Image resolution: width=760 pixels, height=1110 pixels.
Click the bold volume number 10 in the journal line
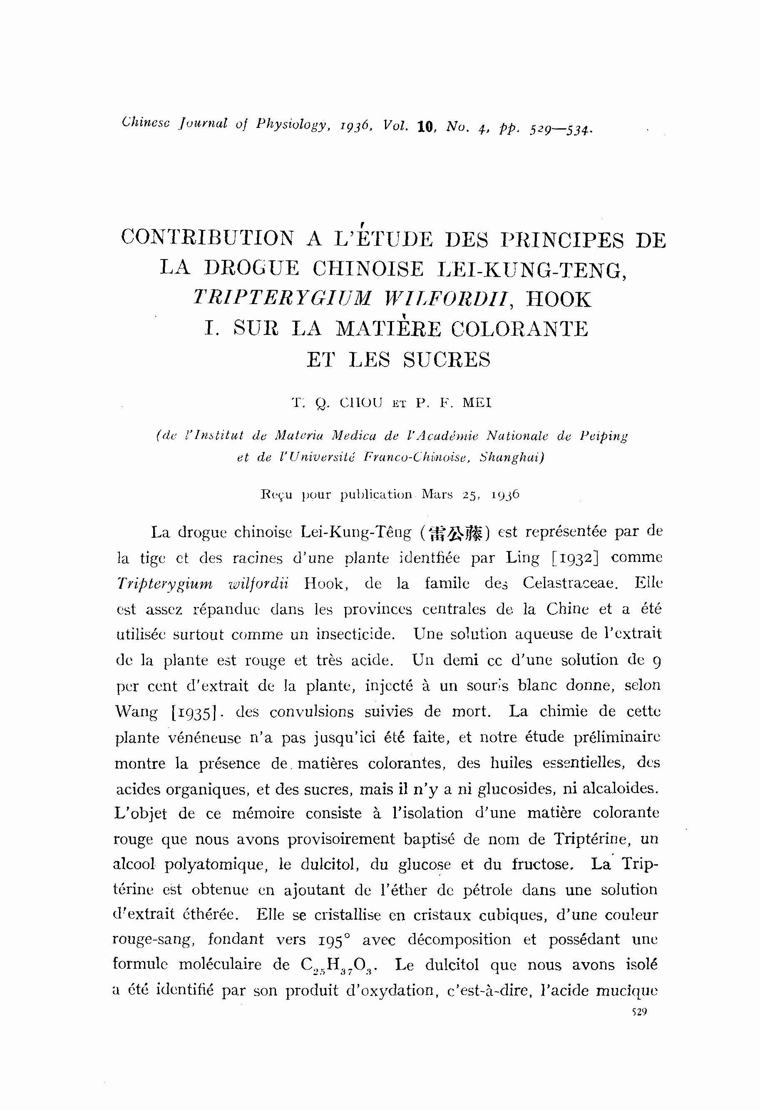(x=425, y=127)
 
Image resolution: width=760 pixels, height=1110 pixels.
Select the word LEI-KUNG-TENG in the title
(x=531, y=269)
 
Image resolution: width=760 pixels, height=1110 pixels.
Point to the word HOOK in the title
(x=558, y=299)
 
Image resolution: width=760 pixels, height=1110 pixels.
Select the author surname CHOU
(x=361, y=404)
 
